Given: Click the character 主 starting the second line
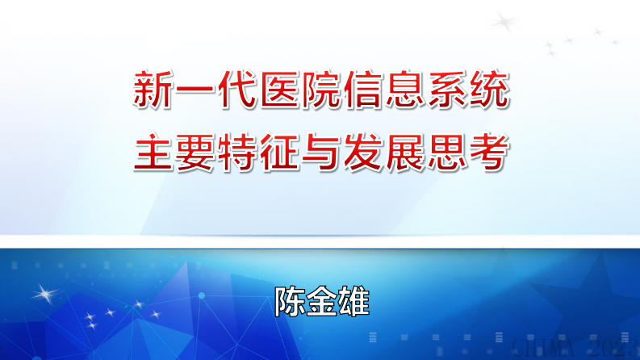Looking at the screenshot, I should tap(152, 152).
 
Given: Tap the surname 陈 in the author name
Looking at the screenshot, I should tap(289, 301).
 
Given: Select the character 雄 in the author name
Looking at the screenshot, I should tap(352, 301).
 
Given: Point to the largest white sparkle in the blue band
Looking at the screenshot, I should tap(46, 291).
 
